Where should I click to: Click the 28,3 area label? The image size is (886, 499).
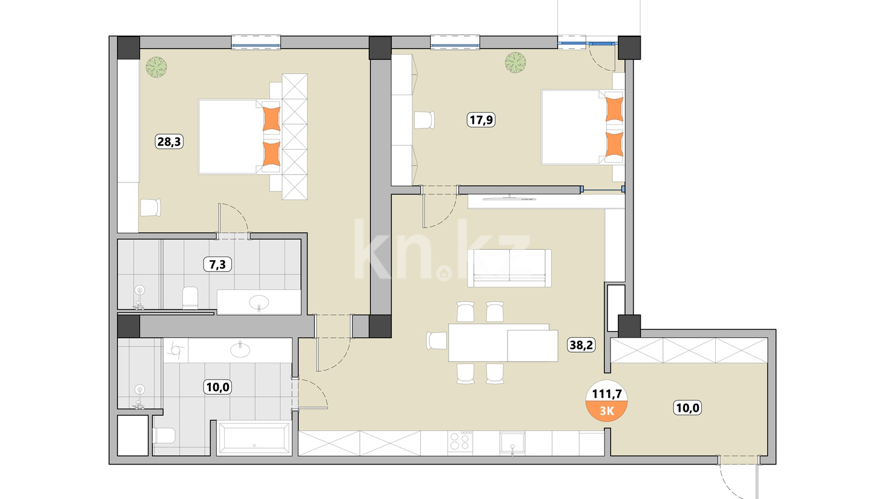(169, 141)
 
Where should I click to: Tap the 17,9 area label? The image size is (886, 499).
(481, 119)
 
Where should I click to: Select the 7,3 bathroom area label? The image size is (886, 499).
(217, 264)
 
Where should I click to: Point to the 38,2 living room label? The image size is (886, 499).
(581, 345)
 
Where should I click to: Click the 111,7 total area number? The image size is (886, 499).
(607, 394)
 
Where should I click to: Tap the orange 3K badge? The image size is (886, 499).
(607, 411)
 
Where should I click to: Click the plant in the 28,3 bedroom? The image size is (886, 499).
(156, 67)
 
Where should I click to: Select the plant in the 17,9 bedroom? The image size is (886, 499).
(515, 62)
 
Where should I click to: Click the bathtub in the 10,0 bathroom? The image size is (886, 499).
(254, 438)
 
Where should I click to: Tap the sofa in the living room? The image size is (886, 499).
(509, 268)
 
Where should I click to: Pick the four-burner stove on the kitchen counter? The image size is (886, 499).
(460, 441)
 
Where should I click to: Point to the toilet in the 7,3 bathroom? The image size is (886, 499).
(190, 298)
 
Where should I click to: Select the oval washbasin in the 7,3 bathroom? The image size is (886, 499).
(259, 303)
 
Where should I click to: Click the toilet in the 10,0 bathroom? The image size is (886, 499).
(165, 436)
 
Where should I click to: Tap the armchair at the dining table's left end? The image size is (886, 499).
(437, 341)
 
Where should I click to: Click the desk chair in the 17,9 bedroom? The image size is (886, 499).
(425, 120)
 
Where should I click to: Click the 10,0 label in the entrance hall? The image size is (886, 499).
(687, 407)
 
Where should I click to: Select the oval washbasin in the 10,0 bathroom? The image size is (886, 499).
(240, 350)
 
